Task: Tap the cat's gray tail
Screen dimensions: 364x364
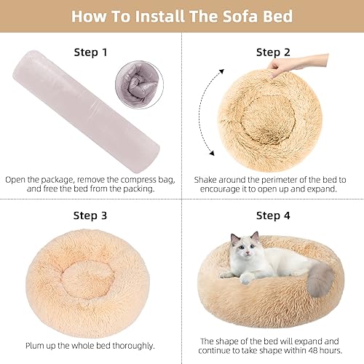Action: tap(318, 281)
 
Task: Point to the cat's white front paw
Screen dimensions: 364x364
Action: tap(248, 277)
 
